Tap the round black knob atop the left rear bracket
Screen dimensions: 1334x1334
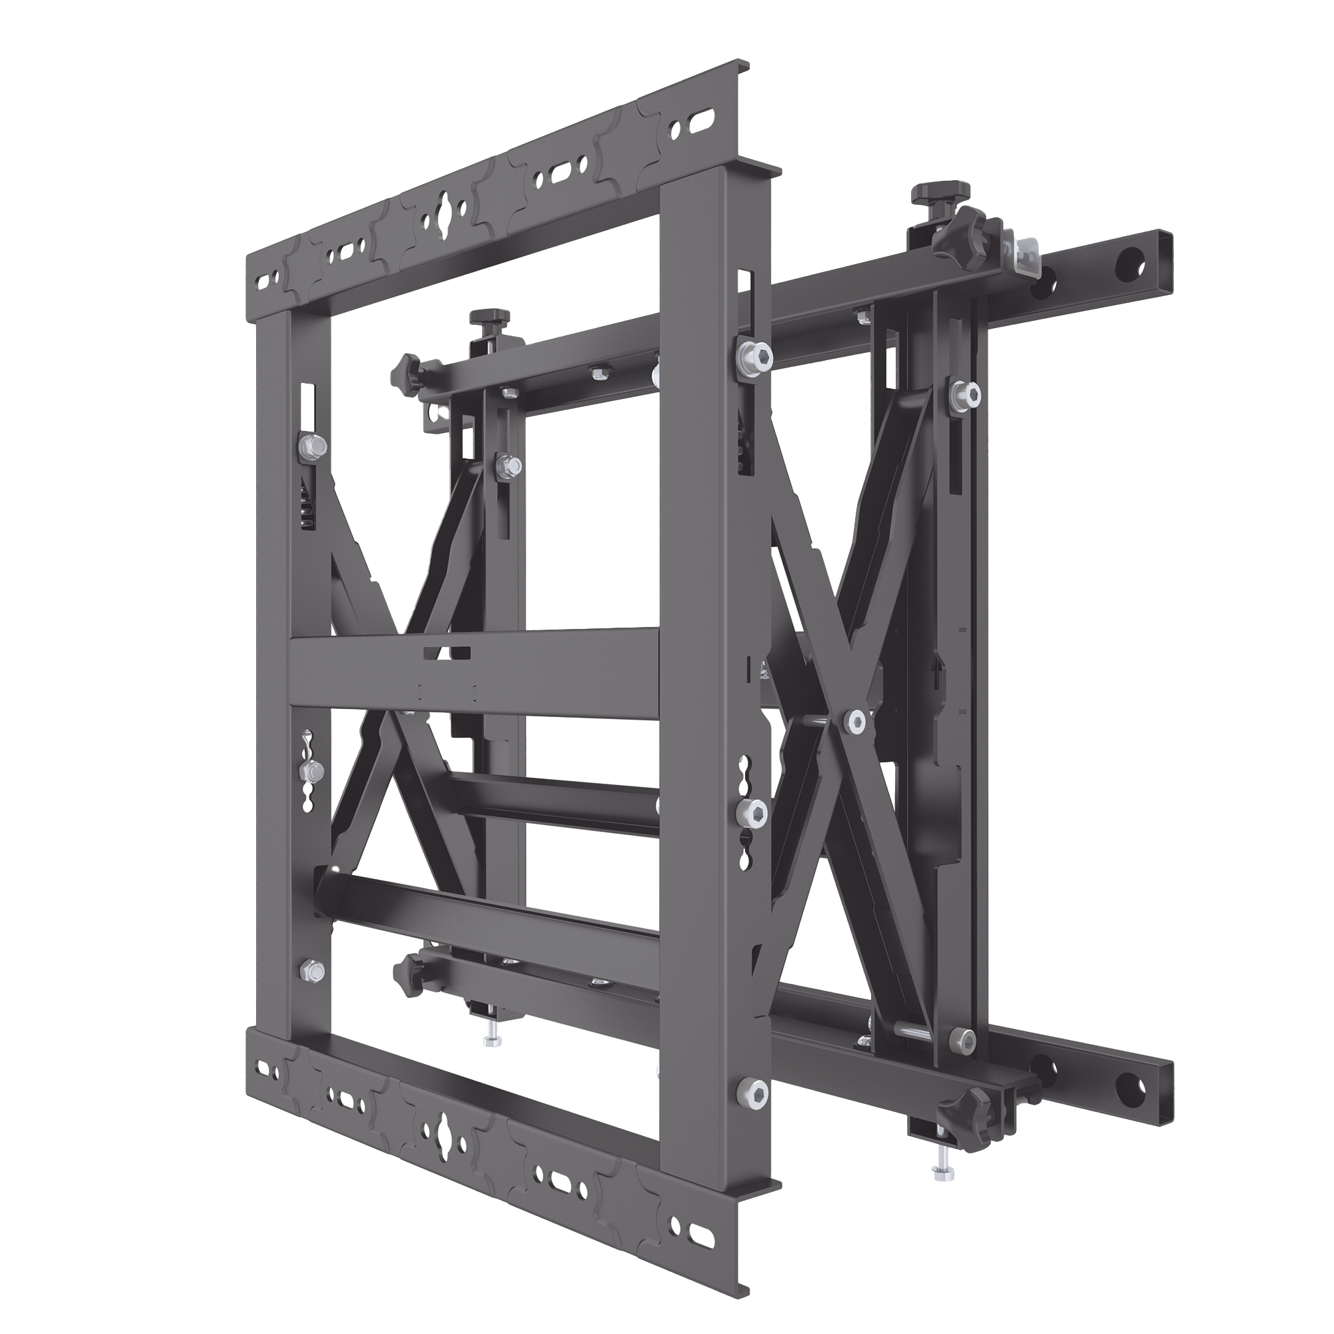pyautogui.click(x=478, y=320)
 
